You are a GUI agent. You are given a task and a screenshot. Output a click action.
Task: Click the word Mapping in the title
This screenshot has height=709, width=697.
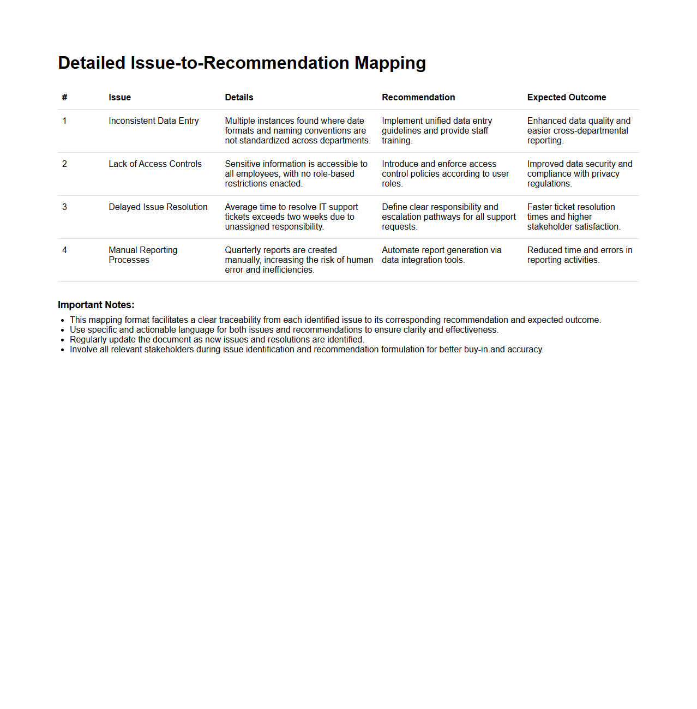click(x=390, y=63)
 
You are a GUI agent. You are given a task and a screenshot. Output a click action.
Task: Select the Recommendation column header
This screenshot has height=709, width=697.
click(x=418, y=98)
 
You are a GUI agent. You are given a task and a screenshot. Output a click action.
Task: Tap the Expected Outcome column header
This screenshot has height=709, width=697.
click(x=566, y=98)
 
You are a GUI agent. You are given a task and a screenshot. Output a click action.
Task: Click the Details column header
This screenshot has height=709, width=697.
click(x=239, y=98)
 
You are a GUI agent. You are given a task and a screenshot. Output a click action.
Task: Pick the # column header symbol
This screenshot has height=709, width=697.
click(x=64, y=98)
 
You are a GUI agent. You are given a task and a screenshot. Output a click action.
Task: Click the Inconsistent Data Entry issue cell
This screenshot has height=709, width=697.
click(x=153, y=121)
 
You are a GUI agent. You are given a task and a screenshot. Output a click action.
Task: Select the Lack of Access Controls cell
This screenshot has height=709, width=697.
click(x=155, y=164)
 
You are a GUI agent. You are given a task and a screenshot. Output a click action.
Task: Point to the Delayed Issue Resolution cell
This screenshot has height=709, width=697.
click(x=158, y=207)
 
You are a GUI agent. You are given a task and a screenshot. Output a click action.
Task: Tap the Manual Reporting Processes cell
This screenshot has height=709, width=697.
click(x=143, y=255)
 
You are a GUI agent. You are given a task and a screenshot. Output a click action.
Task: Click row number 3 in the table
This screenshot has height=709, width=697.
click(x=64, y=207)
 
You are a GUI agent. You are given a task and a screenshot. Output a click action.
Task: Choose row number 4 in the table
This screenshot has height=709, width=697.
click(x=64, y=250)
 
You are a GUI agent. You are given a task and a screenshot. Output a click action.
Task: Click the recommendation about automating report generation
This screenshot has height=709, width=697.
click(x=441, y=255)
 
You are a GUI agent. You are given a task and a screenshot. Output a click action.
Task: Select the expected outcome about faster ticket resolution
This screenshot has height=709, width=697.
click(x=573, y=217)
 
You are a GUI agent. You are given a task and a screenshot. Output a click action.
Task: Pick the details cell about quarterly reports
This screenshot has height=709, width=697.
click(x=298, y=260)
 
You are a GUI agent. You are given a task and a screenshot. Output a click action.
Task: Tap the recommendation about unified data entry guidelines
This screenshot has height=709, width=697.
click(x=436, y=130)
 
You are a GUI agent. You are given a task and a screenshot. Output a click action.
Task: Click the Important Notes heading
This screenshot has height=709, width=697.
click(x=96, y=305)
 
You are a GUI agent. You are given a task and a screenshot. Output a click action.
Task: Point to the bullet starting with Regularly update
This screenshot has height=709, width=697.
click(x=217, y=340)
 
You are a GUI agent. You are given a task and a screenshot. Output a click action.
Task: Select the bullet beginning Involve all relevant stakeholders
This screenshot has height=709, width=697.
click(x=307, y=350)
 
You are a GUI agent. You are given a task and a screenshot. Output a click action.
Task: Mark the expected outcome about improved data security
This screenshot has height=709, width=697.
click(x=579, y=173)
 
